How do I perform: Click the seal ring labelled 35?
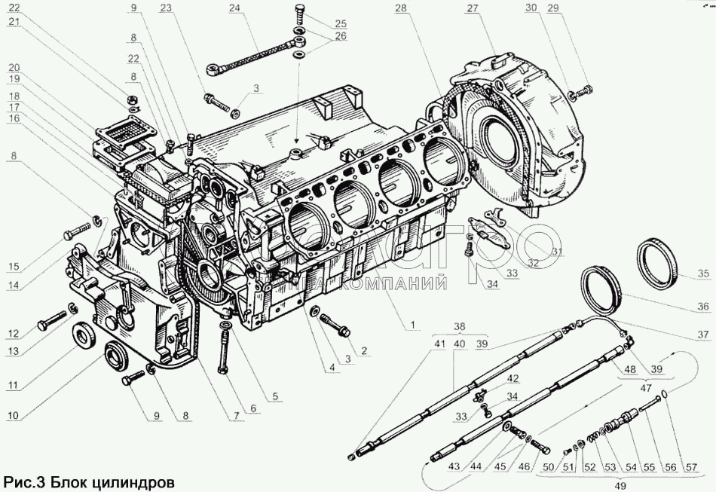point(659,258)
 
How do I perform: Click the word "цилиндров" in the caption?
point(136,480)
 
